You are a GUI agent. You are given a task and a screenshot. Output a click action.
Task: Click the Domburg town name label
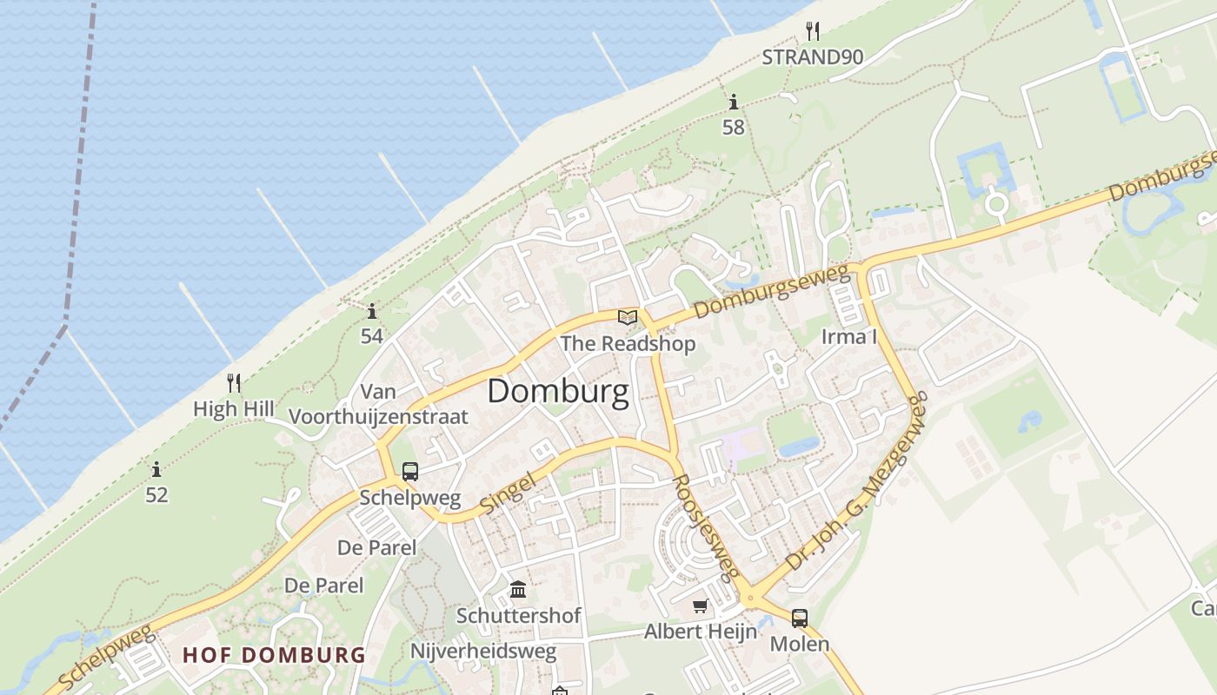tap(558, 392)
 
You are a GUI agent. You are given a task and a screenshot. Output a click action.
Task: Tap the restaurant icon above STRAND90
tap(813, 31)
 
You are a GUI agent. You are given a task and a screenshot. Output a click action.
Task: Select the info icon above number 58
tap(734, 102)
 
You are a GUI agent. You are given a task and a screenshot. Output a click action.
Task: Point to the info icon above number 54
tap(372, 311)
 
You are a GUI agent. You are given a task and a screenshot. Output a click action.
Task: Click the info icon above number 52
tap(156, 470)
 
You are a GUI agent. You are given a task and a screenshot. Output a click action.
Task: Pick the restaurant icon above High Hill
tap(233, 382)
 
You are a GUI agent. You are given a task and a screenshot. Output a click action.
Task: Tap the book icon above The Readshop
tap(628, 317)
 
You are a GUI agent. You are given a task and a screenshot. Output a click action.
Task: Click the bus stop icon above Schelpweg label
tap(410, 472)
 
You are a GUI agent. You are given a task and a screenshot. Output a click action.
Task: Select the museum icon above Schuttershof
tap(518, 590)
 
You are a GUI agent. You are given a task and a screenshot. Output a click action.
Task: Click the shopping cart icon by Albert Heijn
tap(701, 606)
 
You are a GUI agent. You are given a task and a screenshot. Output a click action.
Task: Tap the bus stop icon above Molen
tap(800, 619)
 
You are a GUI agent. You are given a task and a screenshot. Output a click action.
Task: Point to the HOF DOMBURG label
tap(274, 654)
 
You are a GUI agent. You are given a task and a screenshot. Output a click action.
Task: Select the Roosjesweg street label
tap(706, 527)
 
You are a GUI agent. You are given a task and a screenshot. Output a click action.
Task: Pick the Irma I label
tap(849, 336)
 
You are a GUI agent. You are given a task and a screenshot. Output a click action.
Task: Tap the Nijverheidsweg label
tap(483, 652)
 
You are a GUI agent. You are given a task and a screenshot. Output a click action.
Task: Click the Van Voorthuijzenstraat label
tap(378, 404)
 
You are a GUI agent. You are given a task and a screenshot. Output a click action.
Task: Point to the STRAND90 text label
tap(813, 57)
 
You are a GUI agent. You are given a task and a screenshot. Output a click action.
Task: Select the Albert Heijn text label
tap(701, 632)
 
